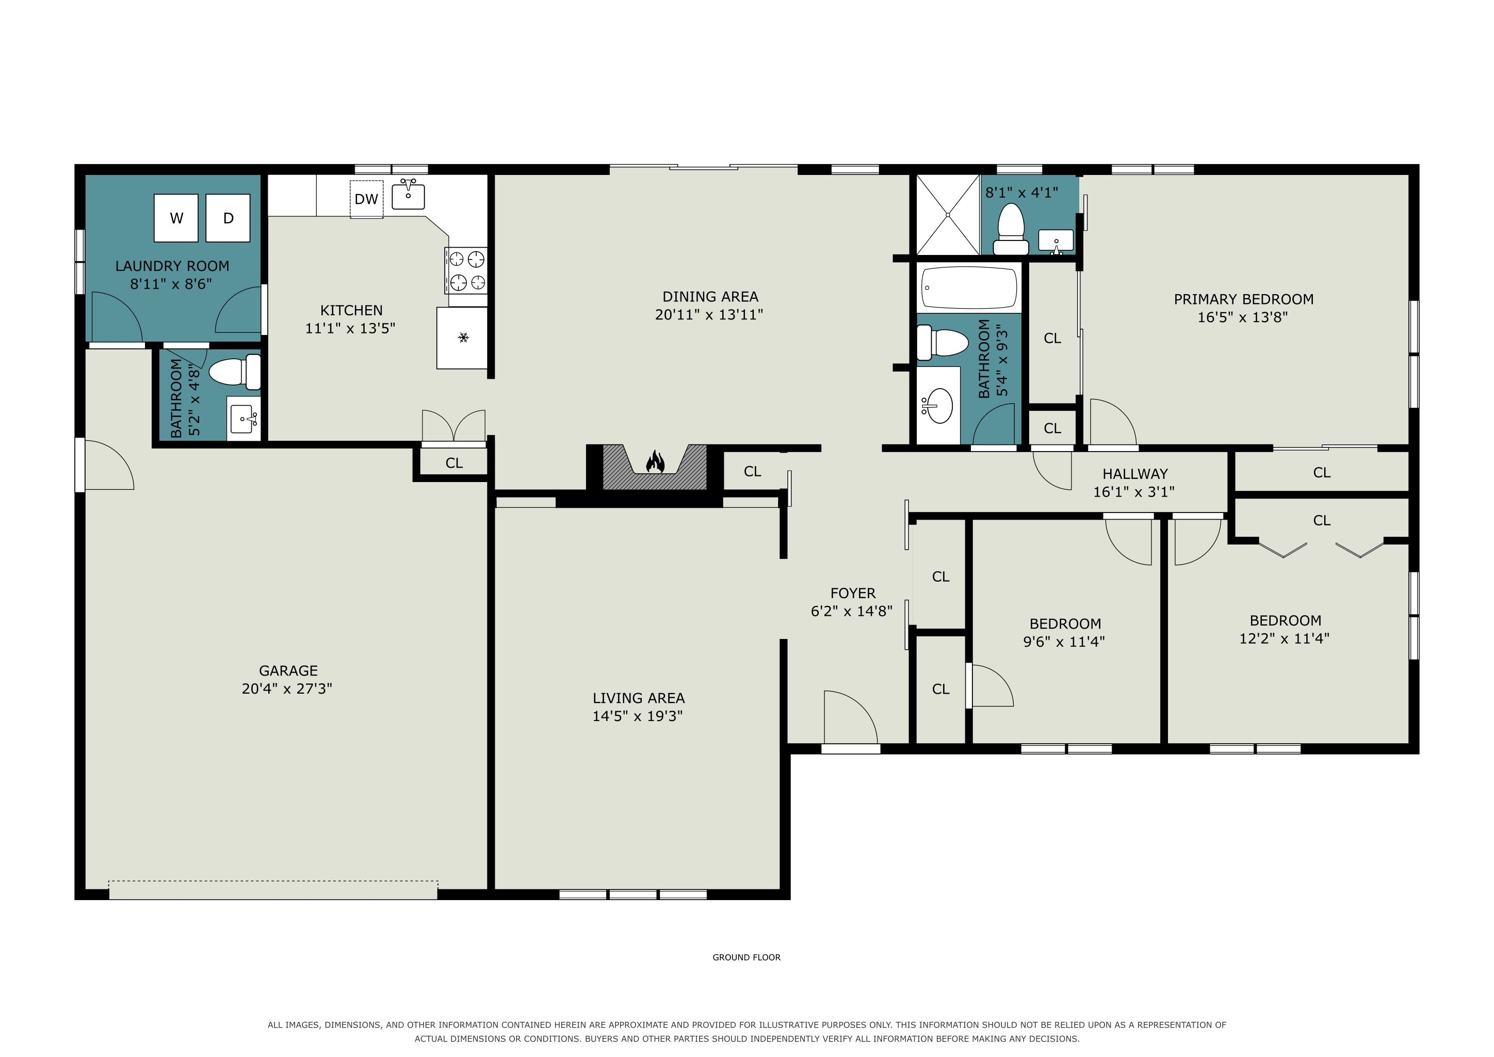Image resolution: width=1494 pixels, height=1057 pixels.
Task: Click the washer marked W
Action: pyautogui.click(x=176, y=218)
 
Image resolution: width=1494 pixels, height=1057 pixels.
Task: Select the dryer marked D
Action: pyautogui.click(x=229, y=218)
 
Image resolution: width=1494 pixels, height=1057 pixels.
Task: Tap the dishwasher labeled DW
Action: pyautogui.click(x=366, y=199)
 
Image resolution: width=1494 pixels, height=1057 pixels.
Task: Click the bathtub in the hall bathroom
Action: pyautogui.click(x=969, y=287)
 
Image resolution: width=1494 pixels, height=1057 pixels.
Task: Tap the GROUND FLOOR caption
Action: pyautogui.click(x=746, y=957)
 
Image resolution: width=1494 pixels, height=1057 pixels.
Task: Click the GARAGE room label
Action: pyautogui.click(x=288, y=670)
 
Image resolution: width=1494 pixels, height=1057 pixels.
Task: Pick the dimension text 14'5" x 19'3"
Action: pyautogui.click(x=638, y=716)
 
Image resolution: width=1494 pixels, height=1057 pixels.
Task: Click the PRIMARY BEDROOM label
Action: pyautogui.click(x=1243, y=299)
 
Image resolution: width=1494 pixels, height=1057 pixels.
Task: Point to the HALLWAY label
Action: pyautogui.click(x=1135, y=474)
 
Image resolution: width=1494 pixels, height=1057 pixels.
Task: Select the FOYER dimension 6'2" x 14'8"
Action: pyautogui.click(x=852, y=611)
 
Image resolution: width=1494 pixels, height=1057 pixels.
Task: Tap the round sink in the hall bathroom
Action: pyautogui.click(x=937, y=406)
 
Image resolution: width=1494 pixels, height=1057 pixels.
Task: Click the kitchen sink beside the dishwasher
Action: pyautogui.click(x=409, y=194)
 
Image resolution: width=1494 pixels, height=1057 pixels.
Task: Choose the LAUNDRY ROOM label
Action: pyautogui.click(x=172, y=266)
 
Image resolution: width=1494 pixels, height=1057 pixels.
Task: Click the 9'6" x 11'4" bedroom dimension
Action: pyautogui.click(x=1064, y=642)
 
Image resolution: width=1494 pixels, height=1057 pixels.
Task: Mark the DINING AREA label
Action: pyautogui.click(x=710, y=297)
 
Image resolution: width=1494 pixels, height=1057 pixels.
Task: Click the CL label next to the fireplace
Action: pyautogui.click(x=752, y=471)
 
